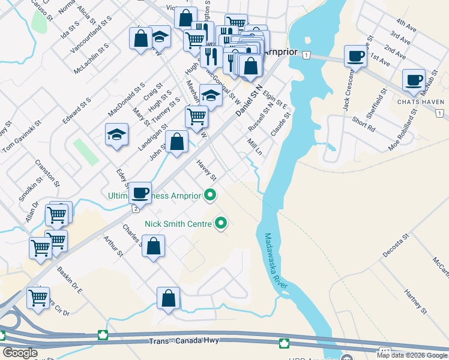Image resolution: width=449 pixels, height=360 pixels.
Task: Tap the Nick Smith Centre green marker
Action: pyautogui.click(x=221, y=224)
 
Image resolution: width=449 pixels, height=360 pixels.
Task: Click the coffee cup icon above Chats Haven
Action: pyautogui.click(x=413, y=80)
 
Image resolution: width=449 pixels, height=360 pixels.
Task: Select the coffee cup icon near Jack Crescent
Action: pyautogui.click(x=355, y=56)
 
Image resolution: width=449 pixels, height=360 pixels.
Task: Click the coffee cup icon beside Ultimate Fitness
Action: pyautogui.click(x=140, y=193)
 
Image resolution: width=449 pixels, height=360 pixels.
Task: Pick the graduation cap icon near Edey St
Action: pyautogui.click(x=116, y=134)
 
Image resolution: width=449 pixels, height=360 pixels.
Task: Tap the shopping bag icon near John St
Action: pyautogui.click(x=176, y=142)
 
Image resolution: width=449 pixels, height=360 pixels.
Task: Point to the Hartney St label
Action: pyautogui.click(x=415, y=302)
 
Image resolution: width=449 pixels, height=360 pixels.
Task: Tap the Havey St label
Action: pyautogui.click(x=206, y=171)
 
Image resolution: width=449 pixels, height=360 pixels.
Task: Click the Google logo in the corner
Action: pyautogui.click(x=20, y=353)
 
